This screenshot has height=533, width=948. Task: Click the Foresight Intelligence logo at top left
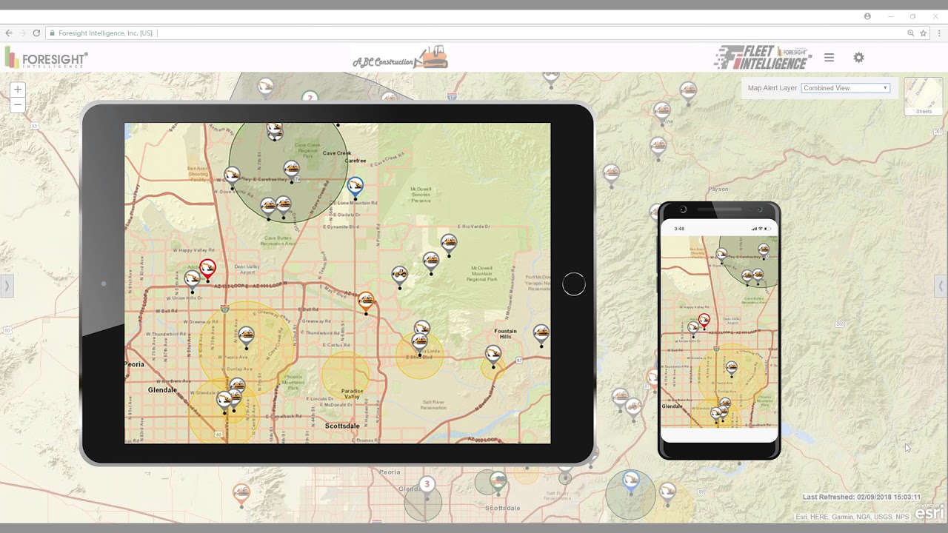[x=46, y=58]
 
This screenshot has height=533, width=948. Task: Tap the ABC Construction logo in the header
[x=400, y=58]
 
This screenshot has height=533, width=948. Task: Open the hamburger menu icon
[x=829, y=58]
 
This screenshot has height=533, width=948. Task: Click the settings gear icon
[x=858, y=58]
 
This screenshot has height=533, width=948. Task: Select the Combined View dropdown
[x=845, y=88]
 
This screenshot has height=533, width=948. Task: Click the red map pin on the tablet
[x=207, y=268]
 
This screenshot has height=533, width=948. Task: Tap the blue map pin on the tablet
[x=355, y=186]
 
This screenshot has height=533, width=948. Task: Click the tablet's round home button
[x=573, y=284]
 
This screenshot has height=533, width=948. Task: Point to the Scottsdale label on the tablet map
[x=342, y=426]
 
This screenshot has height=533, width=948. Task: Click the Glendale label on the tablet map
[x=162, y=390]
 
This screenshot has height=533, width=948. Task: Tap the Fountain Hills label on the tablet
[x=505, y=334]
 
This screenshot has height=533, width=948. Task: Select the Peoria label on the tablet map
[x=135, y=364]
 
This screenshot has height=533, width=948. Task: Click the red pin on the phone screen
[x=704, y=320]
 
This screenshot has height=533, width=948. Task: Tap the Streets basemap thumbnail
[x=924, y=96]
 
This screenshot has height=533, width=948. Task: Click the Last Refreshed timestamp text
[x=861, y=497]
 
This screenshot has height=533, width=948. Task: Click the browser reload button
[x=36, y=33]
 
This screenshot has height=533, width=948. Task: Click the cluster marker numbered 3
[x=426, y=484]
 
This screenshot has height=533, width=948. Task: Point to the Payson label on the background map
[x=718, y=190]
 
